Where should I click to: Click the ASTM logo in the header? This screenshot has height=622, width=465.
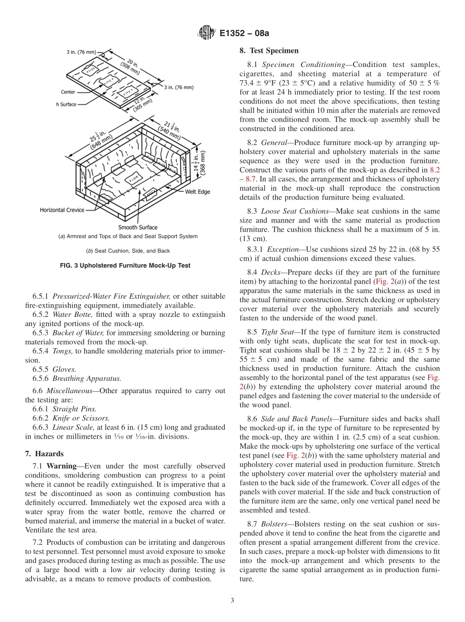tap(206, 34)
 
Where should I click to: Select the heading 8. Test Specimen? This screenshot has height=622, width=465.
tap(269, 50)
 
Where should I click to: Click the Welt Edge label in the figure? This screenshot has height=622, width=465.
tap(197, 192)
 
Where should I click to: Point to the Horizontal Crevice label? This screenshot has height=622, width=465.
tap(62, 210)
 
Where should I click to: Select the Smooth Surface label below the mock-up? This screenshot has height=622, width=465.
tap(138, 227)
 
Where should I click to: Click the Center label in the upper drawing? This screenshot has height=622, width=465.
tap(68, 92)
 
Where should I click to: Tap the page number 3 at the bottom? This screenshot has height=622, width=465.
tap(232, 600)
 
